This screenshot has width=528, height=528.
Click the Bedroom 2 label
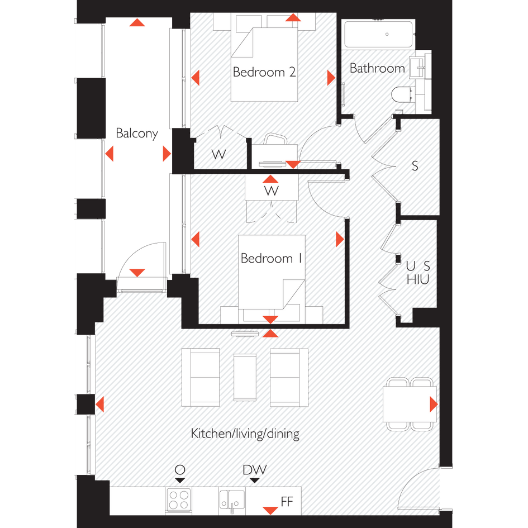coord(264,72)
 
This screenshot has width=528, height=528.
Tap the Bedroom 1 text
coord(271,258)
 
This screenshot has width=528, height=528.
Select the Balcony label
coord(137,134)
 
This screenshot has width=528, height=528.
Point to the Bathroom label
coord(377,68)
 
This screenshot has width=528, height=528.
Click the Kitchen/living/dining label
coord(245,434)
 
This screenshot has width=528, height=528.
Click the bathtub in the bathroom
coord(378,34)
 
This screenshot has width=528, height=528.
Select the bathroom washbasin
coord(417,68)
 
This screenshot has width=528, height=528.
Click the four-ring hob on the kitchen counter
coord(178,500)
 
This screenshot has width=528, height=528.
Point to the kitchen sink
coord(232,501)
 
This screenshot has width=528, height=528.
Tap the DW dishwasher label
coord(255,470)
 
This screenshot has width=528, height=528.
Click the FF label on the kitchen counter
coord(287,502)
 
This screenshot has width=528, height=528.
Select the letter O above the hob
coord(180,469)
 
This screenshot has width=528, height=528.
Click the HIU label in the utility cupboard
coord(418,279)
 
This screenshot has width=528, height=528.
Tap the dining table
coord(410,404)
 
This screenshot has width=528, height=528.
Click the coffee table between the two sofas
coord(245,377)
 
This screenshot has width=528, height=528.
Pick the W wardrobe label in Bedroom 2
coord(218,155)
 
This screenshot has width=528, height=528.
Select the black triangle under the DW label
coord(255,481)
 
